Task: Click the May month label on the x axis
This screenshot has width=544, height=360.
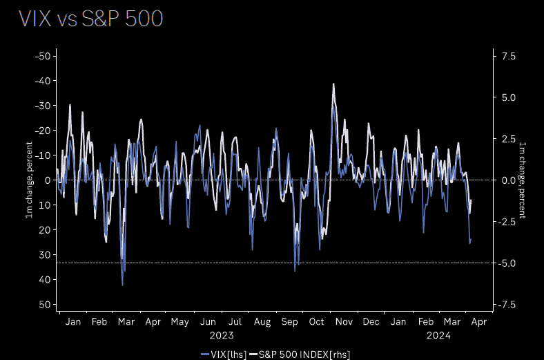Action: coord(179,322)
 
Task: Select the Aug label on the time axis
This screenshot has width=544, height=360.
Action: coord(262,322)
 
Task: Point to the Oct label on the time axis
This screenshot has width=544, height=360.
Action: coord(317,322)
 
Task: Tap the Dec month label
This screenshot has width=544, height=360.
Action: coord(371,322)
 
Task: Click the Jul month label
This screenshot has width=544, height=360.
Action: coord(235,322)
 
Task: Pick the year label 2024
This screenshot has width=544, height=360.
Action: coord(438,336)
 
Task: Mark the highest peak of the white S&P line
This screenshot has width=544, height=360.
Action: coord(333,84)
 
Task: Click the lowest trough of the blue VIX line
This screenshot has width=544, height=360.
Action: coord(122,285)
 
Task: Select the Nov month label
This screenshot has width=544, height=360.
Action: coord(344,322)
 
